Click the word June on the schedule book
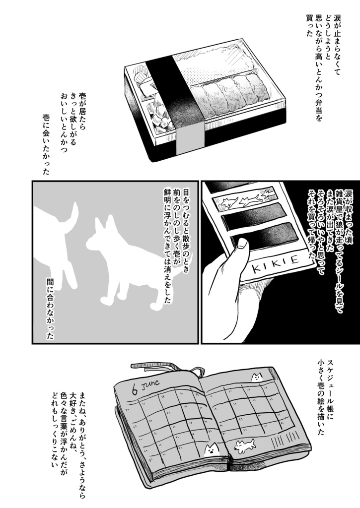[148, 386]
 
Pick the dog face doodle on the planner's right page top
[256, 378]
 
